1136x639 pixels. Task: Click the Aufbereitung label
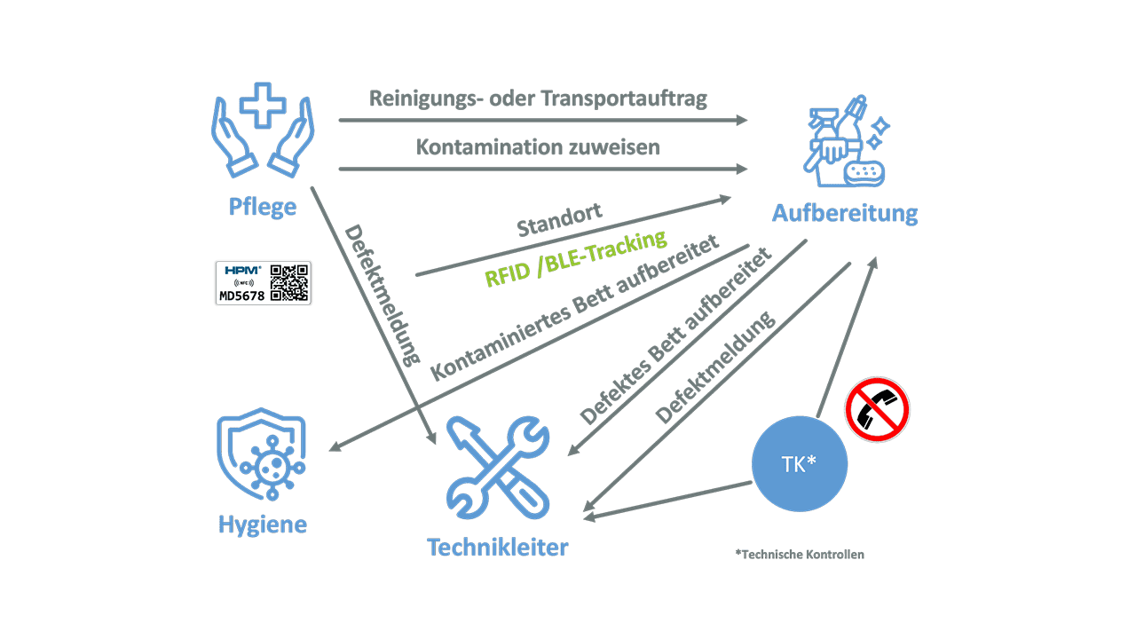click(x=844, y=214)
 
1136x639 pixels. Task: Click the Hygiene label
click(x=262, y=525)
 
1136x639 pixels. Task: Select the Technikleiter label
click(x=497, y=547)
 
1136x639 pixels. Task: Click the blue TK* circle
click(x=799, y=464)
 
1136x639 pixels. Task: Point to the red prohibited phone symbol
click(x=877, y=408)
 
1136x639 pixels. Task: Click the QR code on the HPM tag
click(x=289, y=283)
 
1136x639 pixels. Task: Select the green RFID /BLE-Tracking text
click(x=575, y=258)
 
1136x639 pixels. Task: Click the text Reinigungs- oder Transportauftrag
click(x=538, y=99)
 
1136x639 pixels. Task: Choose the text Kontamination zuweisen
click(x=538, y=147)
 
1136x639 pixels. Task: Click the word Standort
click(x=559, y=222)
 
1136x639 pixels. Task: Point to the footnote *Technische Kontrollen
click(x=799, y=555)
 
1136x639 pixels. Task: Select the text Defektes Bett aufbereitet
click(x=674, y=335)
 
